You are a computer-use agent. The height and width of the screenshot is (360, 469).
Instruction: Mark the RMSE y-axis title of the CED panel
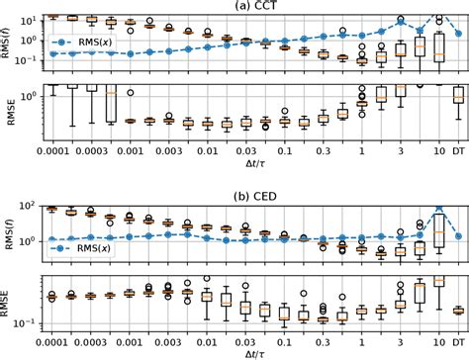[8, 300]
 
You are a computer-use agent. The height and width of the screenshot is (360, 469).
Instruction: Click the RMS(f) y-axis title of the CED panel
[8, 230]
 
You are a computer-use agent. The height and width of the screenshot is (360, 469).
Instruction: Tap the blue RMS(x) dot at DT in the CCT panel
[457, 32]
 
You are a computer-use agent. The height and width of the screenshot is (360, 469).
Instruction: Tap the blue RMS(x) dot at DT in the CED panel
[457, 235]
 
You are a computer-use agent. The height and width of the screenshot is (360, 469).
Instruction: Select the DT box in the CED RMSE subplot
[457, 311]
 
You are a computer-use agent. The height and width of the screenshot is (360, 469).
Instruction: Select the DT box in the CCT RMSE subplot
[457, 95]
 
